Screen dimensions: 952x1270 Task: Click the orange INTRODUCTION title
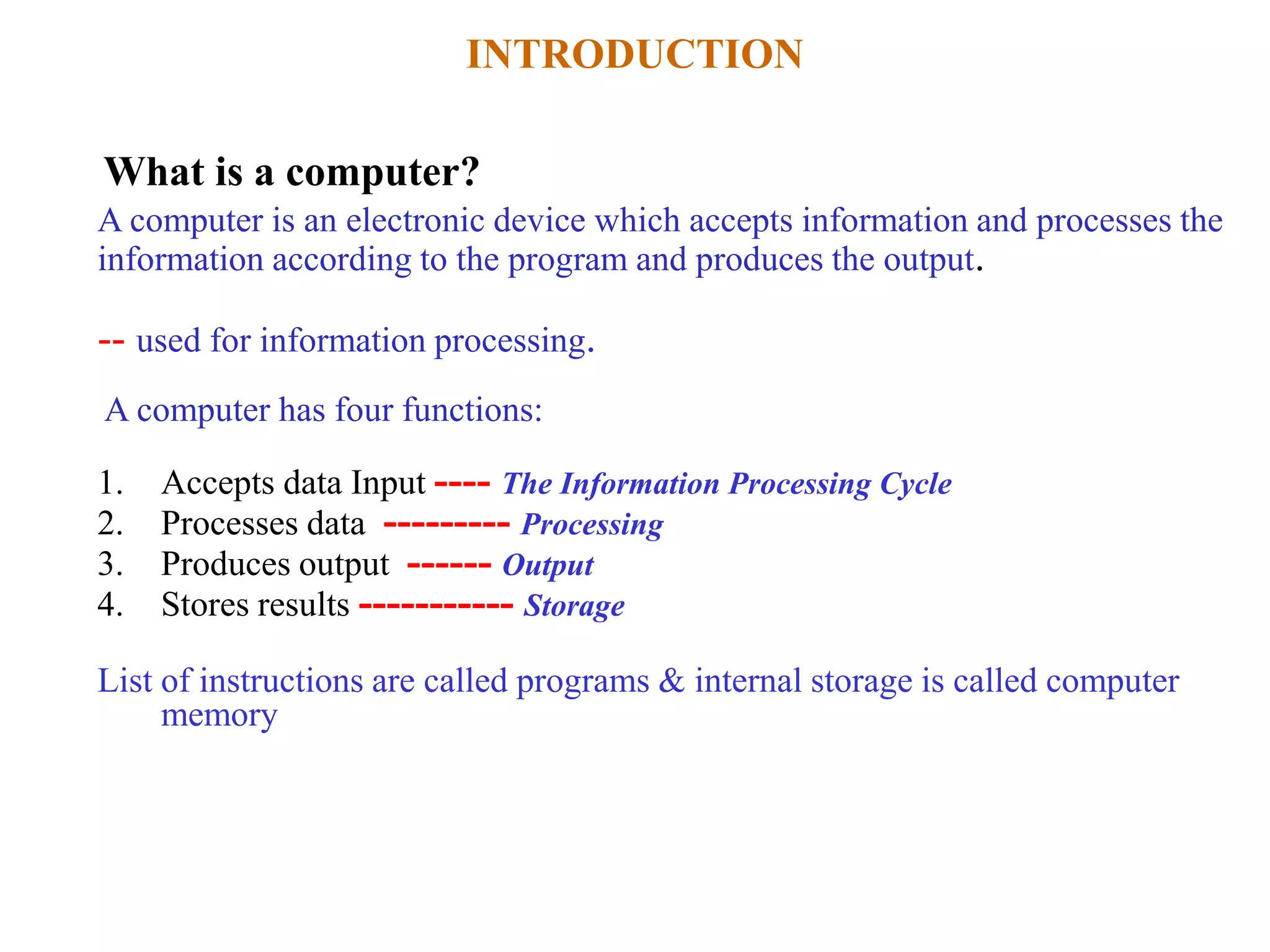pos(634,54)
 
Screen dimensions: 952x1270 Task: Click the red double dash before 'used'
pos(112,341)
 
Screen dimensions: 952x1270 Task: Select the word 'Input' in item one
pos(388,484)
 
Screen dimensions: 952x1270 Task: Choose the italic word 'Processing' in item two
pos(592,525)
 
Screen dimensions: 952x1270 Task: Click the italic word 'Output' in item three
pos(548,565)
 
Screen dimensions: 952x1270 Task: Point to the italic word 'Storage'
pos(574,606)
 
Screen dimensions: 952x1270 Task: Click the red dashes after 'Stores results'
pos(436,605)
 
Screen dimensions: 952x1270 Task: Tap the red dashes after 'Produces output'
pos(449,565)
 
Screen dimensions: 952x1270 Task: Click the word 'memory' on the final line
pos(219,716)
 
